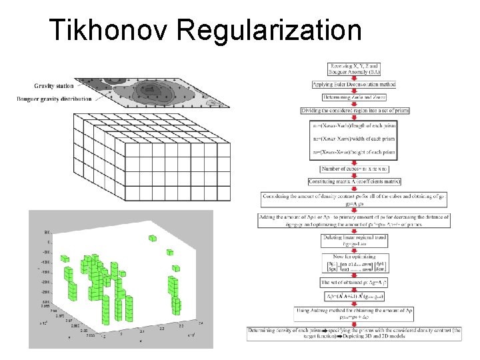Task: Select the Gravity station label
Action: coord(55,85)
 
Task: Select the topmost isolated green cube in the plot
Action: coord(152,238)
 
